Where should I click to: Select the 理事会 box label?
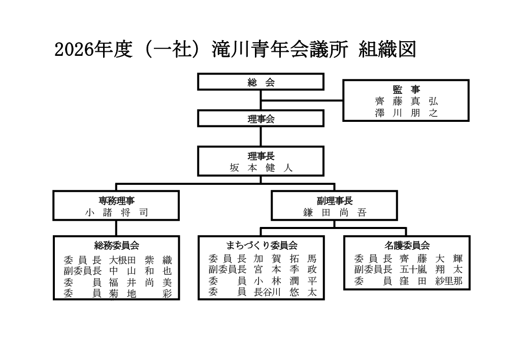(x=261, y=119)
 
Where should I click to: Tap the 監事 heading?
(x=406, y=89)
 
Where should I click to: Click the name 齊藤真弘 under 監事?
(x=406, y=101)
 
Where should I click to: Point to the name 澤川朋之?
(x=406, y=113)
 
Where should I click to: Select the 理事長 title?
(x=261, y=156)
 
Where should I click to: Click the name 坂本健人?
(x=261, y=168)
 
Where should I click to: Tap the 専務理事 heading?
(x=117, y=201)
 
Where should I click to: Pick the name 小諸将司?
(x=117, y=213)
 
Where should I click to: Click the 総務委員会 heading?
(x=117, y=245)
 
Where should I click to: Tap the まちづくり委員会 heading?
(x=261, y=245)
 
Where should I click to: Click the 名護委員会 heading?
(x=407, y=245)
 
